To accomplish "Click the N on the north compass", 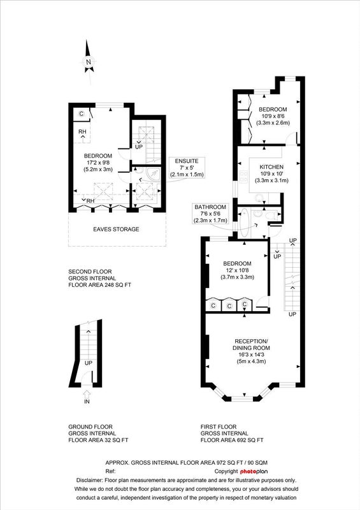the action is tap(88, 62).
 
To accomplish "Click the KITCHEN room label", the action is tap(271, 167).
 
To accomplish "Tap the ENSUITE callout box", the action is tap(187, 168).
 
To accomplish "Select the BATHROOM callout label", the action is tap(210, 207).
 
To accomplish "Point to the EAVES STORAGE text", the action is tap(116, 229).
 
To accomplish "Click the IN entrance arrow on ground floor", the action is tap(87, 395).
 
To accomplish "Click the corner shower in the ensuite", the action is tap(153, 174).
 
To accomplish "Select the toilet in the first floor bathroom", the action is tap(271, 215).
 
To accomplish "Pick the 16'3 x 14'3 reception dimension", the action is tap(252, 354).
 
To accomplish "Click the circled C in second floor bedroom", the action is tap(82, 114).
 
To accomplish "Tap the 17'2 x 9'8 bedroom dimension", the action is tap(98, 163).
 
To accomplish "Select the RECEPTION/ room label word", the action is tap(251, 341).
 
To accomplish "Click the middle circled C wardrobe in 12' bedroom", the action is tap(229, 306).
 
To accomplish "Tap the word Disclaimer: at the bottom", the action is tap(90, 480).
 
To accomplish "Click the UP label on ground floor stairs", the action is tap(89, 363).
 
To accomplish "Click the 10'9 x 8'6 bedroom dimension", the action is tap(273, 116).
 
